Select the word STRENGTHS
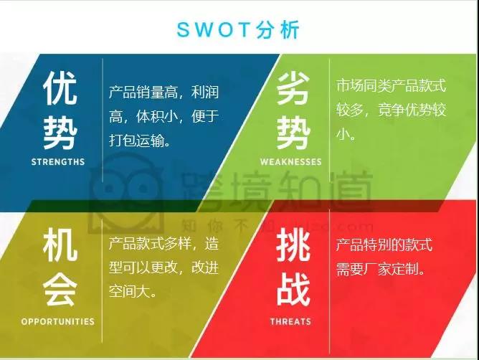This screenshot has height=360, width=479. (x=58, y=162)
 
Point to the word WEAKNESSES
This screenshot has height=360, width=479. (x=291, y=162)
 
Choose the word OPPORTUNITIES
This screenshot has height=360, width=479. (x=58, y=321)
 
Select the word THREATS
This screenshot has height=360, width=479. (x=290, y=321)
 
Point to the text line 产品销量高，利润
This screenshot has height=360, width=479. (x=163, y=92)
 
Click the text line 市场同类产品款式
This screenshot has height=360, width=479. (x=391, y=85)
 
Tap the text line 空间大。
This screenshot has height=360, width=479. (x=133, y=292)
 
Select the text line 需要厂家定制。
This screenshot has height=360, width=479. (x=382, y=270)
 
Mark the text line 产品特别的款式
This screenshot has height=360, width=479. (x=384, y=245)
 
